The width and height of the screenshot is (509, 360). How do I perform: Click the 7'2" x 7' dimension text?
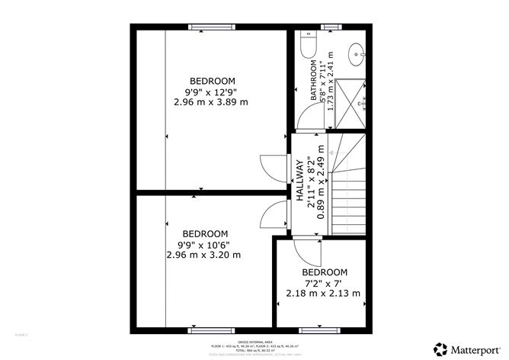(325, 282)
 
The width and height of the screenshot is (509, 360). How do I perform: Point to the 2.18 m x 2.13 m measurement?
(323, 293)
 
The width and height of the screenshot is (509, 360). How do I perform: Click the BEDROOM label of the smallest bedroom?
(325, 272)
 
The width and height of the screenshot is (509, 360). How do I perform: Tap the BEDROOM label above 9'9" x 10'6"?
(205, 233)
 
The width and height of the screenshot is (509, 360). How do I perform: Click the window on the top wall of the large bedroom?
(211, 27)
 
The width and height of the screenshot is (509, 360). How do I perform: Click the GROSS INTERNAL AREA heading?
(253, 342)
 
